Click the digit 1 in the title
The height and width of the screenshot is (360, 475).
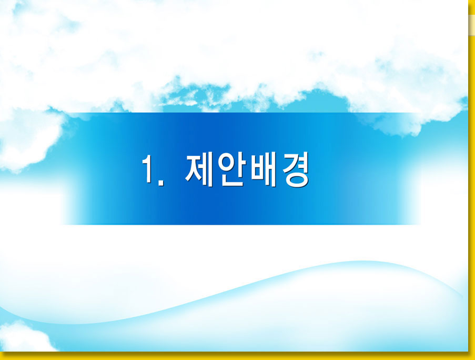point(148,169)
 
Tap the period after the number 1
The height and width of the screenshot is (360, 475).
point(161,182)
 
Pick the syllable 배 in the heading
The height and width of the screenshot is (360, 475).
point(263,169)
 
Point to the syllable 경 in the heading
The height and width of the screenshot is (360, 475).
point(295,169)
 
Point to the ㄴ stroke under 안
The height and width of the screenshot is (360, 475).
point(232,181)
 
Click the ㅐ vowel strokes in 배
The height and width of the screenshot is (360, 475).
point(271,169)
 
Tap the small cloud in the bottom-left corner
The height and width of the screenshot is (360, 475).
point(23,337)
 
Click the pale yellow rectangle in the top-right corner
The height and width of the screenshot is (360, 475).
point(471,25)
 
